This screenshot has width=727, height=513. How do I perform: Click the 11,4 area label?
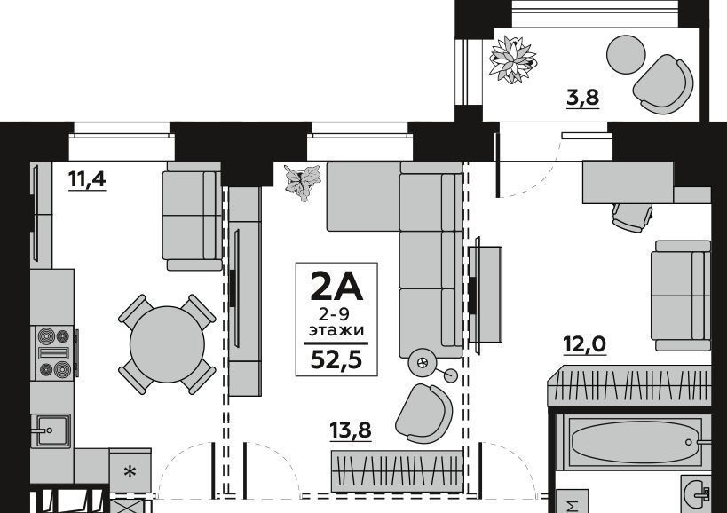tap(87, 179)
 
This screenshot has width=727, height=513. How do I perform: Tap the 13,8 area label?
tap(351, 430)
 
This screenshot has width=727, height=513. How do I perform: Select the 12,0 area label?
tap(584, 344)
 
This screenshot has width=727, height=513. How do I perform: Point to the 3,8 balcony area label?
tap(583, 98)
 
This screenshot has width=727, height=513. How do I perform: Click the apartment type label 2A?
tap(336, 287)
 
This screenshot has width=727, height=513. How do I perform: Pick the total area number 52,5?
tap(336, 359)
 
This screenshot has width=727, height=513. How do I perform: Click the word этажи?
tap(336, 331)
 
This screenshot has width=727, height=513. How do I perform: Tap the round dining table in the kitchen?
tap(167, 343)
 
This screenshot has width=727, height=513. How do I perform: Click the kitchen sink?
tap(51, 430)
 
